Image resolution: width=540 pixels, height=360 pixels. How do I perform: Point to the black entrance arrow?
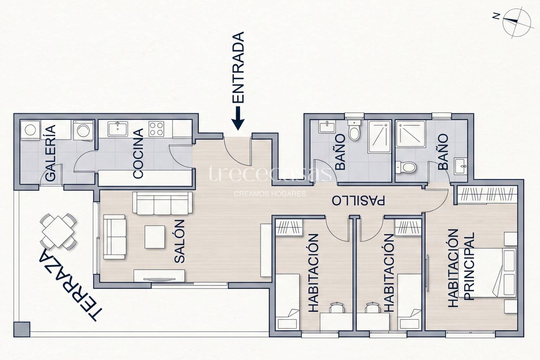[238, 118]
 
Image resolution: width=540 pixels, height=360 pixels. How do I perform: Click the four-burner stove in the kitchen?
[156, 129]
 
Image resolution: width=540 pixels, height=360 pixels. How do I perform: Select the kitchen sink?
[118, 129]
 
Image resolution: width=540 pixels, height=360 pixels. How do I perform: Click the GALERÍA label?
[51, 153]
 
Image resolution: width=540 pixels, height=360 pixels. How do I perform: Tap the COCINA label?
[139, 153]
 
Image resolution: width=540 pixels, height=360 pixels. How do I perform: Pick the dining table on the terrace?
[58, 232]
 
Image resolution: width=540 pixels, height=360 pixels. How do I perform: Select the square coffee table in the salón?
[155, 237]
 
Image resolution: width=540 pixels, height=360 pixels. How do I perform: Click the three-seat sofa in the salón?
[162, 203]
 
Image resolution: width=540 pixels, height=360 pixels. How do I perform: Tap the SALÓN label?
[180, 241]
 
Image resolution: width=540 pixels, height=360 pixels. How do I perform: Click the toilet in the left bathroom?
[354, 129]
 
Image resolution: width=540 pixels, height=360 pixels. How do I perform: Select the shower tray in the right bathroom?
[411, 134]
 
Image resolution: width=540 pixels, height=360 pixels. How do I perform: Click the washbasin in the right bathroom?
[461, 166]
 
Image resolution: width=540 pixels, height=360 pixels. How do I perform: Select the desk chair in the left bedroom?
[336, 307]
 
